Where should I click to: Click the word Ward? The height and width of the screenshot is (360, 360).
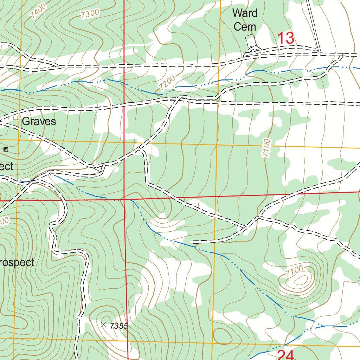pyautogui.click(x=245, y=13)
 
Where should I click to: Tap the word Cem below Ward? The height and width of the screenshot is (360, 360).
pyautogui.click(x=245, y=27)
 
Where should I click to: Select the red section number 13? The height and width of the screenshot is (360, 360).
pyautogui.click(x=286, y=38)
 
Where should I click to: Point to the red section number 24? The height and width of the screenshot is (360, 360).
pyautogui.click(x=285, y=355)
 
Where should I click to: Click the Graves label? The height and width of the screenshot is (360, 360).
pyautogui.click(x=39, y=122)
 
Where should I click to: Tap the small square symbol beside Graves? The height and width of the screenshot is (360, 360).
pyautogui.click(x=15, y=118)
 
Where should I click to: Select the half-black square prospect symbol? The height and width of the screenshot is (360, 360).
pyautogui.click(x=6, y=149)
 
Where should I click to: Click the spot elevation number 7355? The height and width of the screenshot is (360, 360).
pyautogui.click(x=118, y=326)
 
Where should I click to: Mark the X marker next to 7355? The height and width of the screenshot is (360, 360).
pyautogui.click(x=103, y=325)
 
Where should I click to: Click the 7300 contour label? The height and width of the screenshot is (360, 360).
pyautogui.click(x=90, y=14)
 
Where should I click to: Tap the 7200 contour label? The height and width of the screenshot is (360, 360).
pyautogui.click(x=167, y=83)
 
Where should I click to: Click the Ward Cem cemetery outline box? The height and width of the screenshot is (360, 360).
pyautogui.click(x=250, y=41)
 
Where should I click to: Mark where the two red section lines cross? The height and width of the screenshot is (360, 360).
pyautogui.click(x=125, y=199)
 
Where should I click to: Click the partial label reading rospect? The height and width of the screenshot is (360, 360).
pyautogui.click(x=17, y=262)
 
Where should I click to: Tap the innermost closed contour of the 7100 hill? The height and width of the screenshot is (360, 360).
pyautogui.click(x=301, y=280)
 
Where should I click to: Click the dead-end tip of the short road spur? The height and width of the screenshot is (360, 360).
pyautogui.click(x=192, y=242)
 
